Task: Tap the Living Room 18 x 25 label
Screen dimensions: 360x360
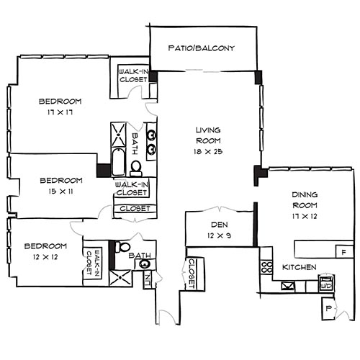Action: coord(207,140)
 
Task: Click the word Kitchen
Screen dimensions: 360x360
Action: coord(299,267)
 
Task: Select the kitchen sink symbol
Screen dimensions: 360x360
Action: coord(288,285)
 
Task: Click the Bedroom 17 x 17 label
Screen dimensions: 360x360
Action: coord(60,107)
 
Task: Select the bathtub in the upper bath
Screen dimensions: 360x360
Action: coord(118,148)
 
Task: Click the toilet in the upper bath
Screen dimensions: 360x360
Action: coord(135,167)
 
